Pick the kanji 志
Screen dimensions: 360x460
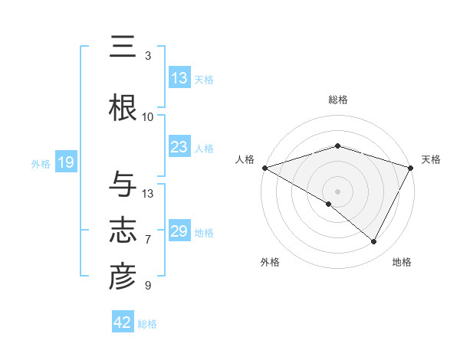tap(123, 231)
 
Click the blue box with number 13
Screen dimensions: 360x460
tap(179, 78)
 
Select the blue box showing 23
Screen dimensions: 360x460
tap(179, 148)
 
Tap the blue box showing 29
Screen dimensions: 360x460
tap(179, 232)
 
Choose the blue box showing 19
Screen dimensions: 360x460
tap(65, 162)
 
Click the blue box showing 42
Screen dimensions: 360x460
tap(123, 323)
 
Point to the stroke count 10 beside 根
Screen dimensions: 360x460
tap(148, 117)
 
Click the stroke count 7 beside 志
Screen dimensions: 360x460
tap(148, 240)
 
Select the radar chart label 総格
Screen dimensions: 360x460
tap(337, 100)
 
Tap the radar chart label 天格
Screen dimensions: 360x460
tap(432, 159)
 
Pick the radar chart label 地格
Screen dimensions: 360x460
tap(402, 263)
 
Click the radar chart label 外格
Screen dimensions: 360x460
tap(270, 263)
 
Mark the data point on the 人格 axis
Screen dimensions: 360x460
tap(264, 167)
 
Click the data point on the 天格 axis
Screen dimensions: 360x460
tap(411, 167)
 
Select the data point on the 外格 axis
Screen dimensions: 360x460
tap(329, 204)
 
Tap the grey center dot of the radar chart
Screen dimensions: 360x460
tap(337, 191)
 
